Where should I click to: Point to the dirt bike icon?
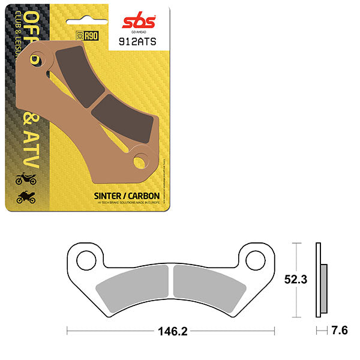click(x=26, y=178)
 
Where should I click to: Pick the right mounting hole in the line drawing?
click(x=254, y=259)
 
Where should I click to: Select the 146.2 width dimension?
click(x=172, y=329)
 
